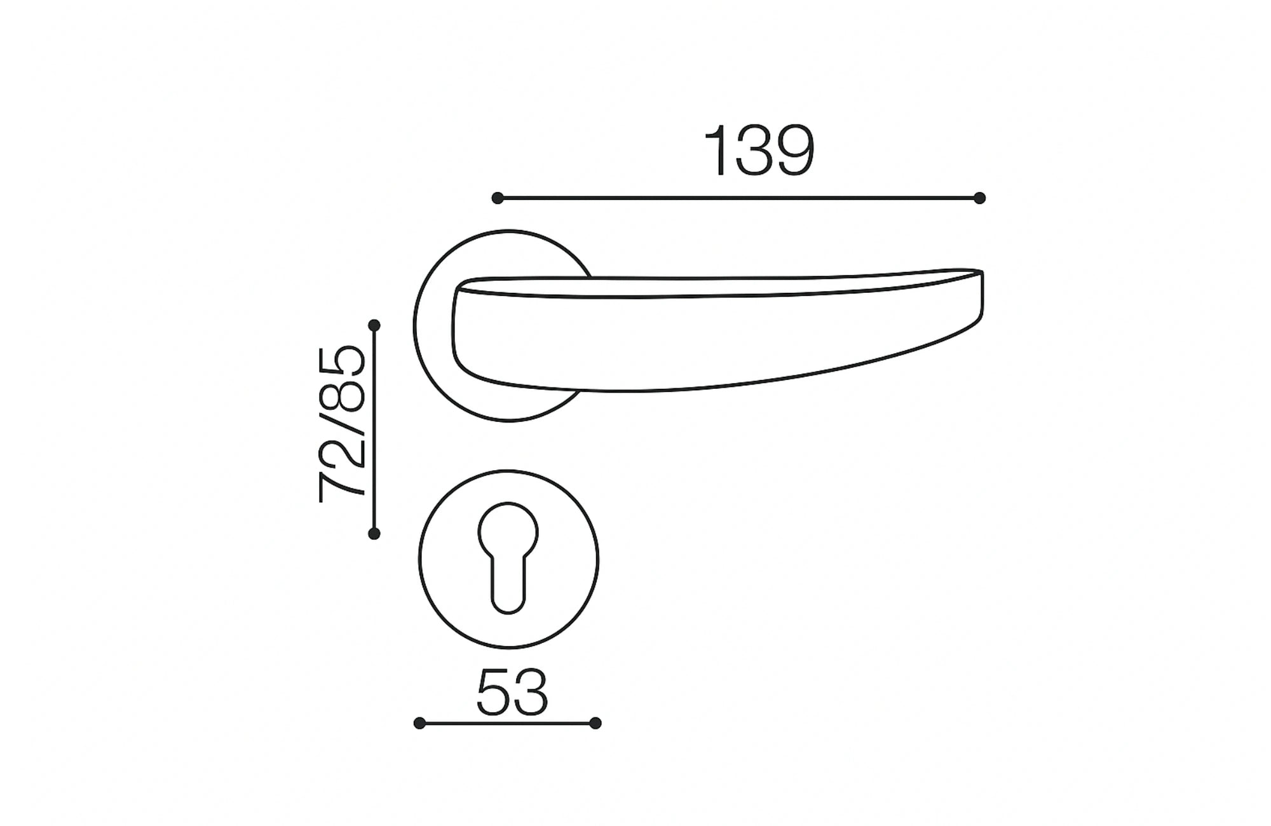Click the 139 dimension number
(759, 151)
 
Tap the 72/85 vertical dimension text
(343, 424)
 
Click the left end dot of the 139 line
(498, 198)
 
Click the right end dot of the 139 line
(979, 198)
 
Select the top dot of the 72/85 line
(374, 325)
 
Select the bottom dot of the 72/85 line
(374, 534)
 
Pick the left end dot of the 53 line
(419, 723)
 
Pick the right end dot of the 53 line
(595, 723)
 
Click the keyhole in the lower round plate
(508, 556)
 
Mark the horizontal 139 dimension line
(737, 198)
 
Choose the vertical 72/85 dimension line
(374, 430)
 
